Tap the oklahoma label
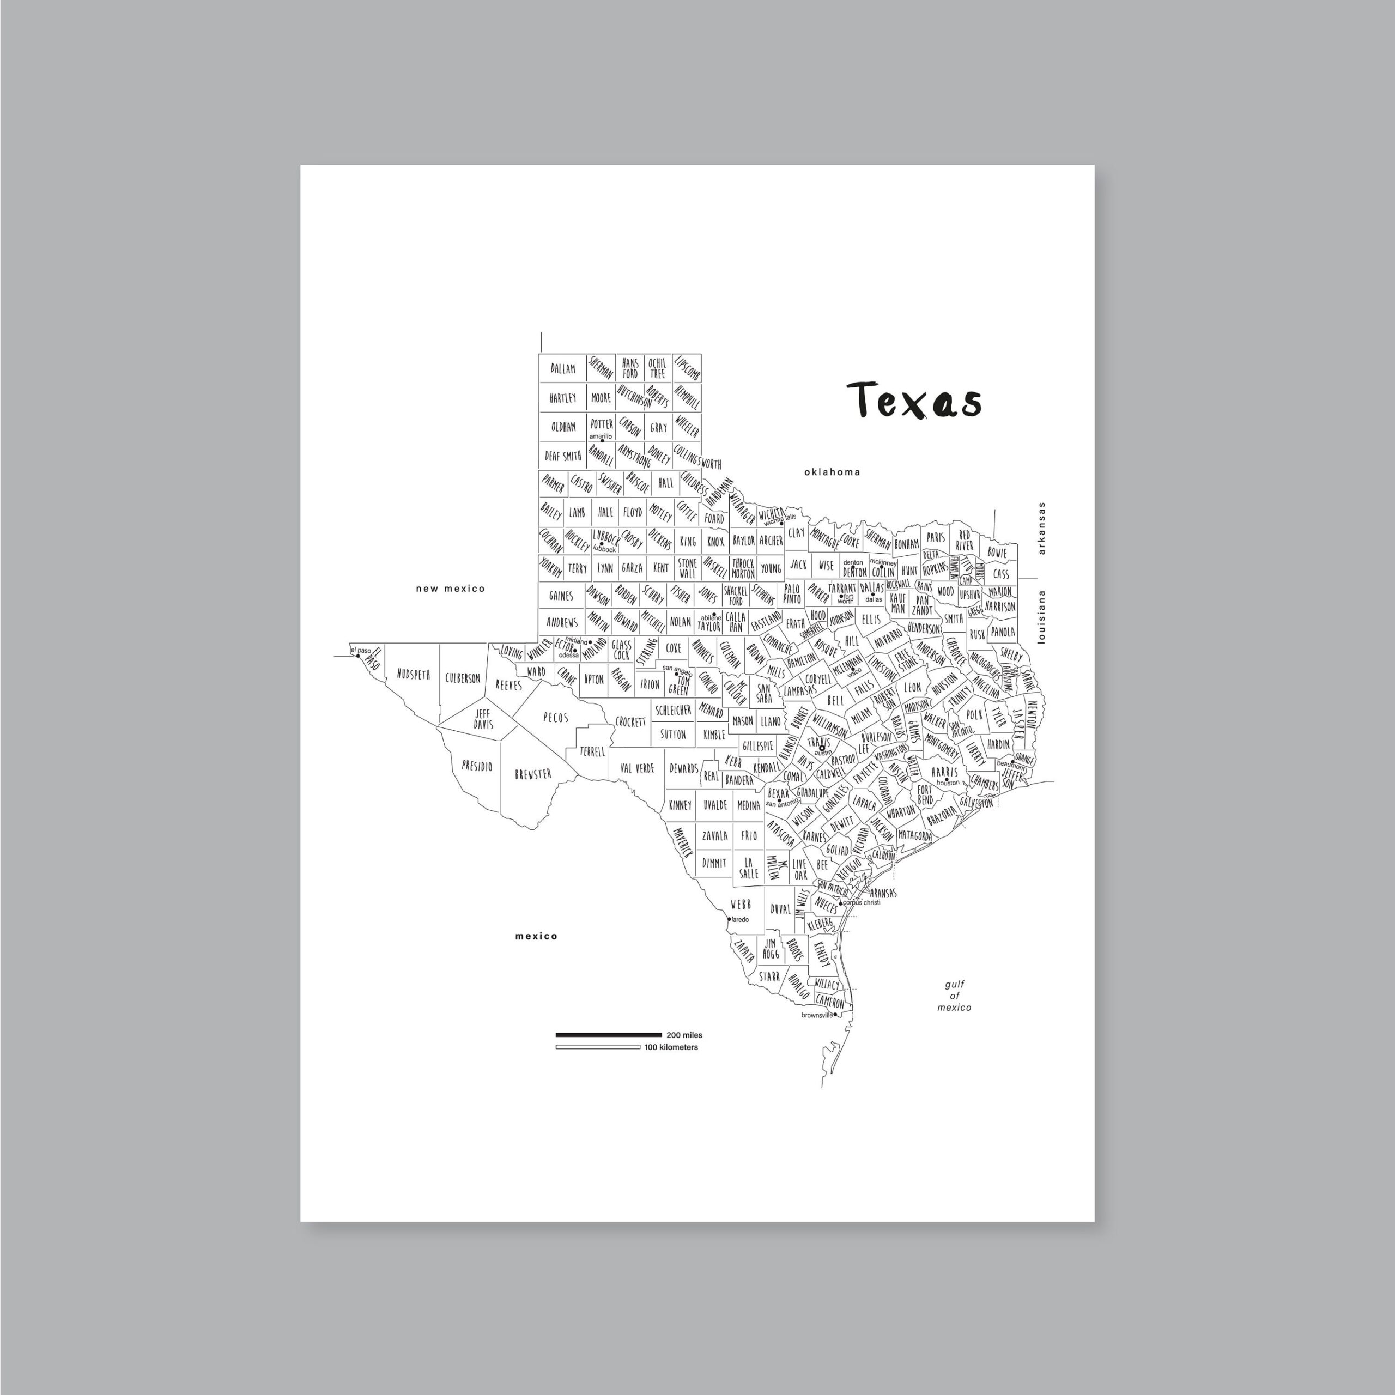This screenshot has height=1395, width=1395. click(832, 472)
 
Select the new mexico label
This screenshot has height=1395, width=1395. click(450, 589)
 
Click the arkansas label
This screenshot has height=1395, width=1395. click(1041, 529)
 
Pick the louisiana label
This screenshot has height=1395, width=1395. click(1041, 617)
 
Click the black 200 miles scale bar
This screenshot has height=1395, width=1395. click(608, 1035)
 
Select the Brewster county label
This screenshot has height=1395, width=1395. click(533, 774)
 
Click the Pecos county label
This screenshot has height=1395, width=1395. click(555, 718)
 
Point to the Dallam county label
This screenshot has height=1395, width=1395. click(563, 368)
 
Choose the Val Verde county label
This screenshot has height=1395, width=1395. click(637, 768)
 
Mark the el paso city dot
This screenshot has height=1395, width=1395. click(358, 656)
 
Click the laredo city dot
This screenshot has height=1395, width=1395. click(729, 919)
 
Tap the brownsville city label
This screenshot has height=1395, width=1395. click(817, 1015)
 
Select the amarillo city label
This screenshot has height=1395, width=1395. click(601, 436)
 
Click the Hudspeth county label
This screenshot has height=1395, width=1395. click(413, 675)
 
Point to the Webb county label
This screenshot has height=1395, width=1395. click(740, 904)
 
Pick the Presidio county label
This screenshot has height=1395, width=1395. click(477, 766)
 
